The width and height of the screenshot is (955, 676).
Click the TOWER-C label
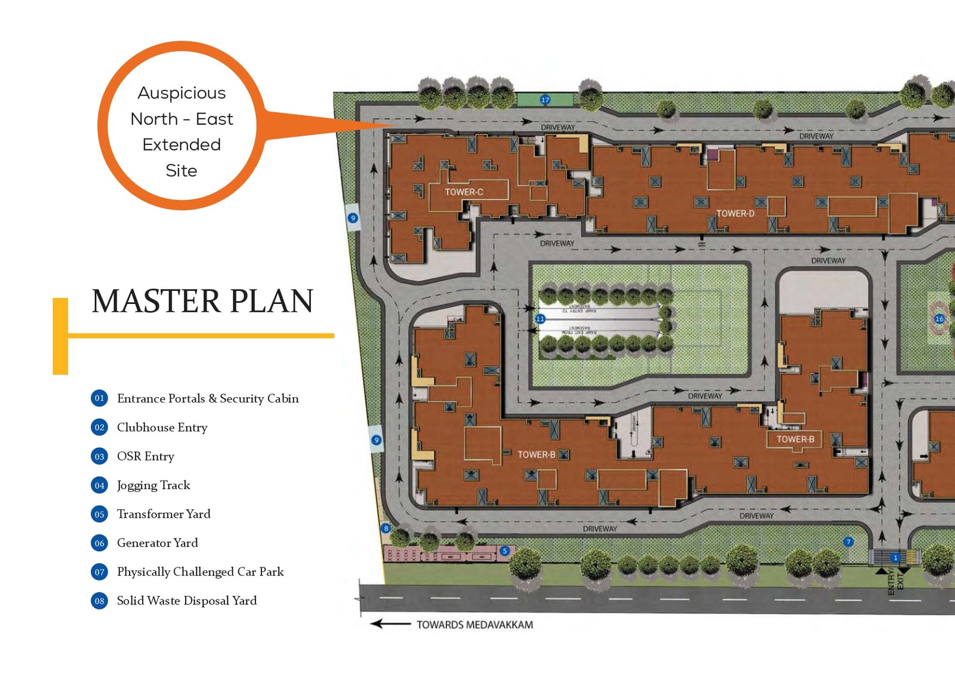464,192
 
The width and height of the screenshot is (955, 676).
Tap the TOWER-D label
735,213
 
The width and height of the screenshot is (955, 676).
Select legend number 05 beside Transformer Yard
99,514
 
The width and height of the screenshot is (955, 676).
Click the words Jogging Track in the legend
153,485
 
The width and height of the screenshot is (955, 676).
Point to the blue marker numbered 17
544,100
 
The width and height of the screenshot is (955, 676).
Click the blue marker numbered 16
939,319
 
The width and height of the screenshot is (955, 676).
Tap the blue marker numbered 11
540,319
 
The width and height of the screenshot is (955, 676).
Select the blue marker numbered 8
386,528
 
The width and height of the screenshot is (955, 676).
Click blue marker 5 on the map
504,551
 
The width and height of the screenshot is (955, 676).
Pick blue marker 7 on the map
848,542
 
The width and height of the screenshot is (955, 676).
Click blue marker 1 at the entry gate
895,558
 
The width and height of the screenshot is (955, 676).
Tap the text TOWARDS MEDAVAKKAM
475,625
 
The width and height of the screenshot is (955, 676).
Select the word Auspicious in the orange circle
181,93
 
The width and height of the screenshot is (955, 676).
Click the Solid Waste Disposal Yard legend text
187,601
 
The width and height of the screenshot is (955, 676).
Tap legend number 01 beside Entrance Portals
99,398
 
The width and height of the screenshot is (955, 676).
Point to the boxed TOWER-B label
794,439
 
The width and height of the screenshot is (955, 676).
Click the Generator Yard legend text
157,543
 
